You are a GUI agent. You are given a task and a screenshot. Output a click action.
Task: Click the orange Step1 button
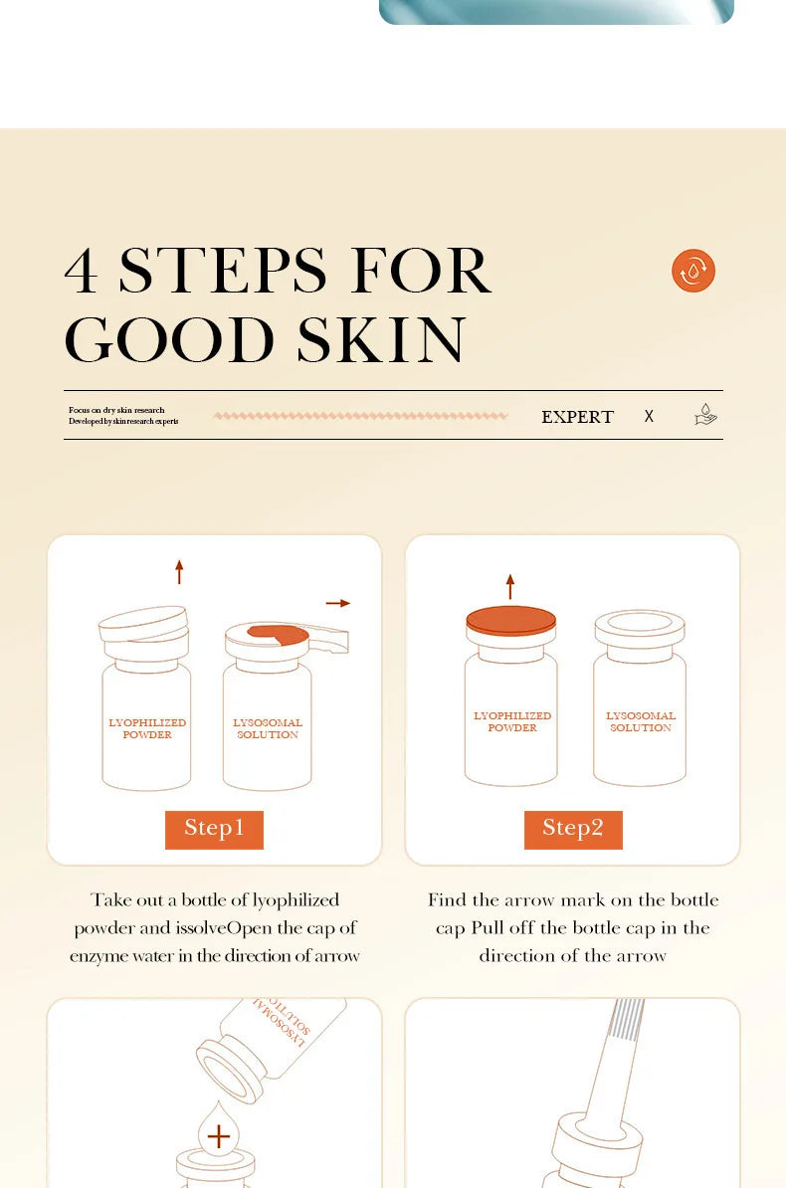point(214,829)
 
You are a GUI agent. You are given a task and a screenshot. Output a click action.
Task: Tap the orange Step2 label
point(573,829)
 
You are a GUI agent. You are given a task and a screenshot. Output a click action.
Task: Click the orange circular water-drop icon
point(693,271)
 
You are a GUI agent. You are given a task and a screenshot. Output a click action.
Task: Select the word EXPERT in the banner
point(577,417)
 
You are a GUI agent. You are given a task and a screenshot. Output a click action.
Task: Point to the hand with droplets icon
point(705,415)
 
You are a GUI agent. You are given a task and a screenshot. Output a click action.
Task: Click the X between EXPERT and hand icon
point(649,417)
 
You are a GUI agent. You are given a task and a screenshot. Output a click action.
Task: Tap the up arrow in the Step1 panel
point(179,571)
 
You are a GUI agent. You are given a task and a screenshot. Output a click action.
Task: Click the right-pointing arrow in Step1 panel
point(338,603)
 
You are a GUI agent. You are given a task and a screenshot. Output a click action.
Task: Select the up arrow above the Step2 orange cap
point(510,586)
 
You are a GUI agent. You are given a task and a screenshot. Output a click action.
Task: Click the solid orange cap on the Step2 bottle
point(511,620)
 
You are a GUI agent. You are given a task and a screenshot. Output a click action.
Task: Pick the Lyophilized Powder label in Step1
point(147,729)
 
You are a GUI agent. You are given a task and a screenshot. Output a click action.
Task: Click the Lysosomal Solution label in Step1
point(268,729)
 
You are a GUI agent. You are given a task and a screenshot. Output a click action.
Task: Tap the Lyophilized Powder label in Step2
point(512,722)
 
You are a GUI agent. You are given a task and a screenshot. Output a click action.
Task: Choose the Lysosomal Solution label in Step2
point(641,722)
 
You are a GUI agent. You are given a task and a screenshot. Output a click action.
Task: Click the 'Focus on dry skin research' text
point(116,410)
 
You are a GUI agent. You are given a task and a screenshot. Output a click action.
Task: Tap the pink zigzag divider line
point(360,416)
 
